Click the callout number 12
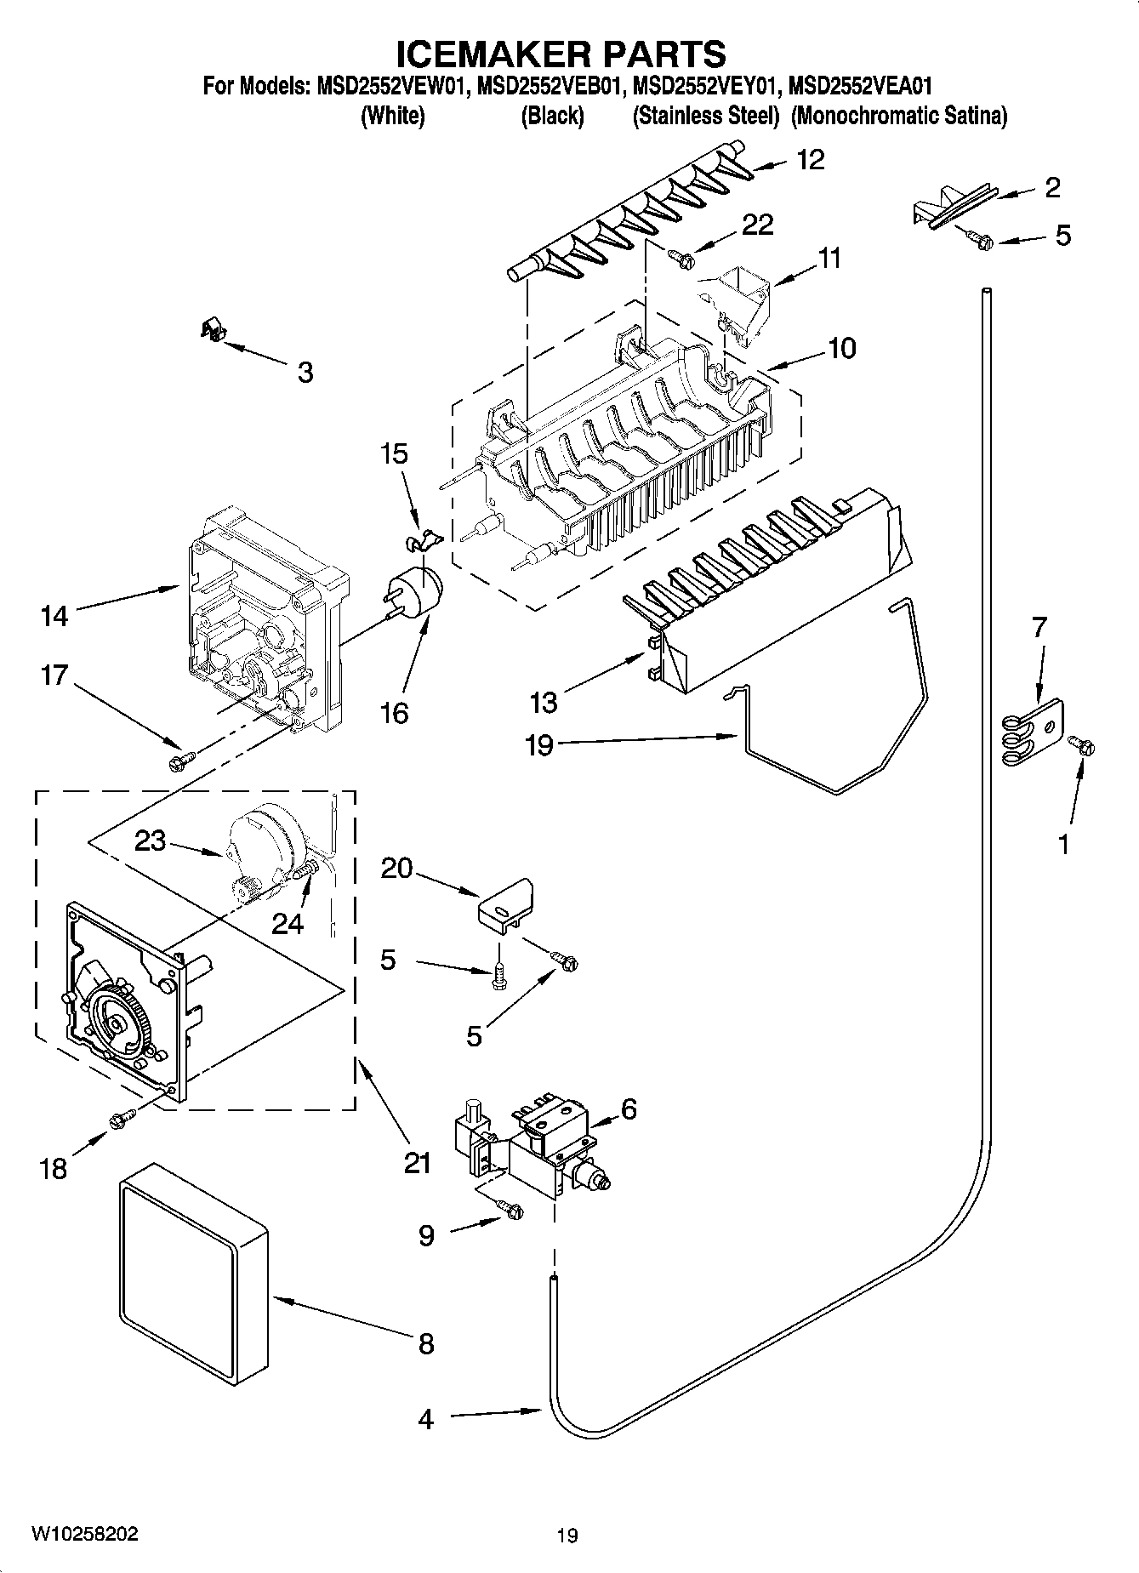pyautogui.click(x=811, y=160)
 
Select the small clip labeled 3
pyautogui.click(x=210, y=329)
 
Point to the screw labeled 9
pyautogui.click(x=510, y=1209)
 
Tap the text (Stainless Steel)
pyautogui.click(x=705, y=117)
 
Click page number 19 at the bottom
pyautogui.click(x=567, y=1536)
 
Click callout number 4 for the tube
pyautogui.click(x=425, y=1419)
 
